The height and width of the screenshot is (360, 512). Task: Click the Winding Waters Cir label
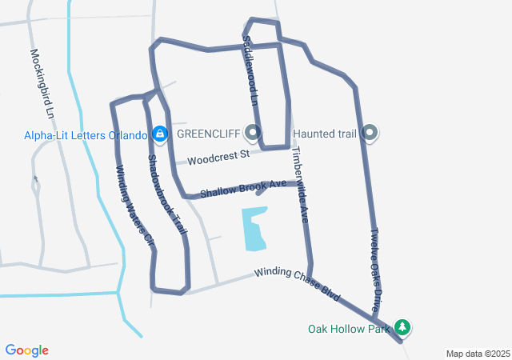coord(133,204)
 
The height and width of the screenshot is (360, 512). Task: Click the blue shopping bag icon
coord(159,133)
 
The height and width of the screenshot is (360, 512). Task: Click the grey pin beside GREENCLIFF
coord(254,132)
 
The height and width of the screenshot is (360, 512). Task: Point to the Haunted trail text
coord(324,134)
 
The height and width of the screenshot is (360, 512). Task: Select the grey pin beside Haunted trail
coord(369,132)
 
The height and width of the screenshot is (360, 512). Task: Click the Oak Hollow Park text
coord(350,328)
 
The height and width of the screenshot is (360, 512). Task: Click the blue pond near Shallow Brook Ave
coord(254,227)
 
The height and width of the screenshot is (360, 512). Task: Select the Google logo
coord(27,350)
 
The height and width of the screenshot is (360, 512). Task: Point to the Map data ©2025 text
coord(478,354)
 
